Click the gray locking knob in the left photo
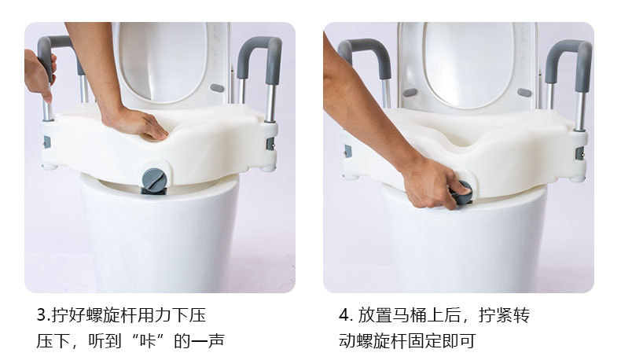pos(155,179)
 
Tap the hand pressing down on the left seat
pos(137,123)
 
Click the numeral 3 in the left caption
pos(42,315)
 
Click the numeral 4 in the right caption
pos(344,315)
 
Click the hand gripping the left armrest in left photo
pos(38,75)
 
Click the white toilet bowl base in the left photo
pos(157,236)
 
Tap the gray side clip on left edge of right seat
pos(346,150)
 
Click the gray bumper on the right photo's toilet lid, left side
pos(410,92)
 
